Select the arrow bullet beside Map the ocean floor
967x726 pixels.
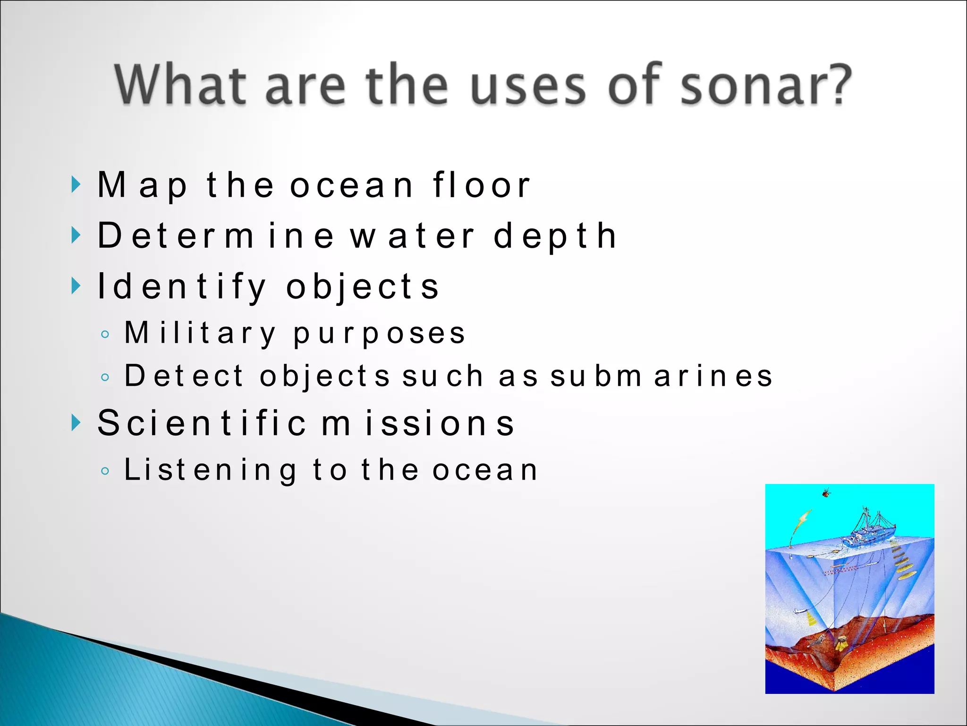point(76,184)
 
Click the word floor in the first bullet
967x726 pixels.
point(482,185)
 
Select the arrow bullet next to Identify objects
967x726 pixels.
point(76,285)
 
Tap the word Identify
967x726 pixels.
point(182,286)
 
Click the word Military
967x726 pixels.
point(200,333)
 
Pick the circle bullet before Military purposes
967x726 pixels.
point(105,335)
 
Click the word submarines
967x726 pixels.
point(661,376)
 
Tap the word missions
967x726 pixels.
point(418,423)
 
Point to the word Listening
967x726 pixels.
point(210,470)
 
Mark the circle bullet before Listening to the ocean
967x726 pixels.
point(105,471)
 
